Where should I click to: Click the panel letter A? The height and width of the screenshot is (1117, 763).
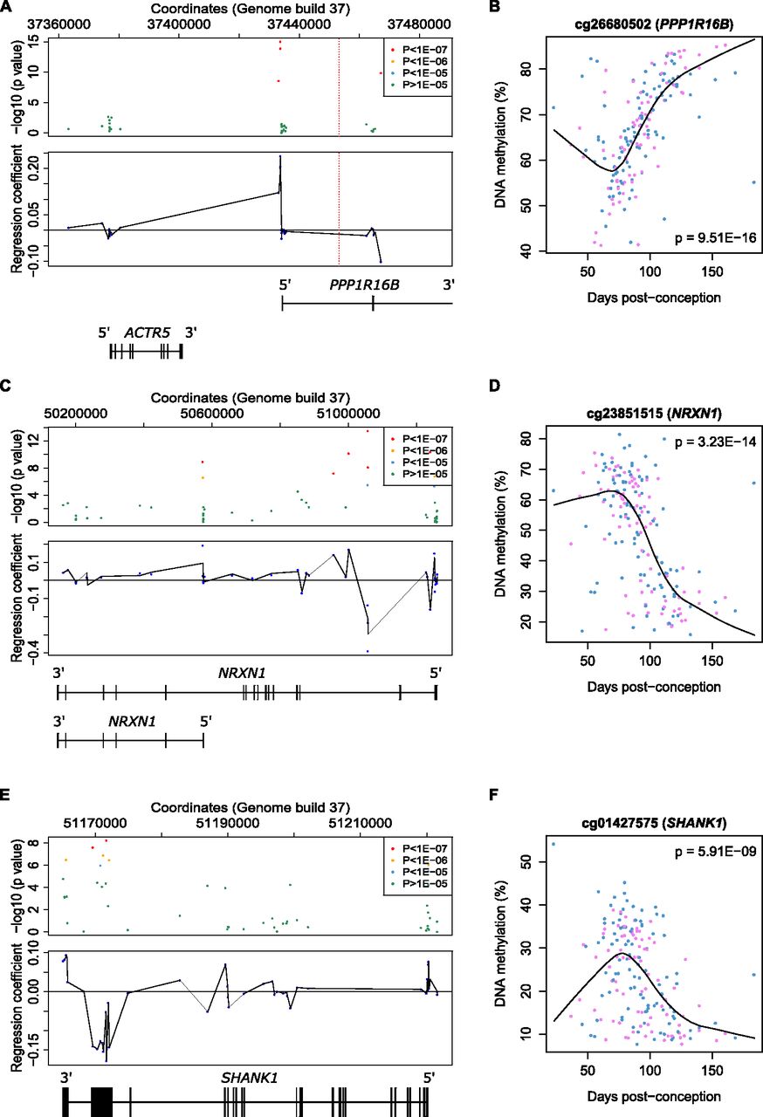7,7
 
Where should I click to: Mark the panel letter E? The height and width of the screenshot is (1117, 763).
7,796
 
